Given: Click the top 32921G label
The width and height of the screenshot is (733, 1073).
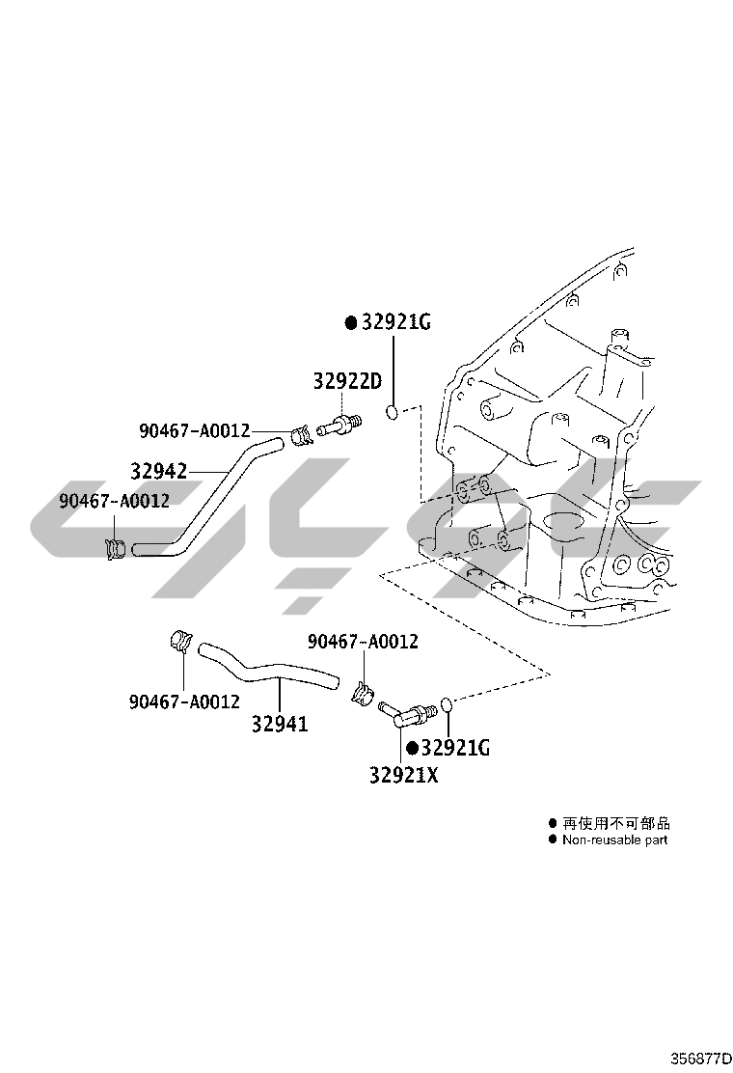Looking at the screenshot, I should click(396, 322).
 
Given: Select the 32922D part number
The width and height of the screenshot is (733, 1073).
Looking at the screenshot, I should click(347, 382).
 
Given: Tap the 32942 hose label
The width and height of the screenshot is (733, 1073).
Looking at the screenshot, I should click(158, 471).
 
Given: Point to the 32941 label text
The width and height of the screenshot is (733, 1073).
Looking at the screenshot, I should click(280, 724).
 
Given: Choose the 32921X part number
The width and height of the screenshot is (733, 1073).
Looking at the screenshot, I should click(403, 774).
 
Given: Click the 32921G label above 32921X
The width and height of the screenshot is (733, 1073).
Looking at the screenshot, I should click(456, 748).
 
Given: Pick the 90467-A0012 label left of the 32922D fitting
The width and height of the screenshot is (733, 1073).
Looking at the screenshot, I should click(194, 430).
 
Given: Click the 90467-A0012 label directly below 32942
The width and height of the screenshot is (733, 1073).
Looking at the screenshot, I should click(114, 501).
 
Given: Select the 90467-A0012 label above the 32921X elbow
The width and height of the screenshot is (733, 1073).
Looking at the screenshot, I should click(364, 642).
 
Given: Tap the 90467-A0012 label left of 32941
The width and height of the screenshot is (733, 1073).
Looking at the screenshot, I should click(184, 702).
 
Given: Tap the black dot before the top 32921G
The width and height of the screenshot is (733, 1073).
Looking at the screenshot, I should click(351, 323).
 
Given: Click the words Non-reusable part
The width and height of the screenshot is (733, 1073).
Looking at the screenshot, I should click(614, 839).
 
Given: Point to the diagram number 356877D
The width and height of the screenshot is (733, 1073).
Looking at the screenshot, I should click(701, 1058).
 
